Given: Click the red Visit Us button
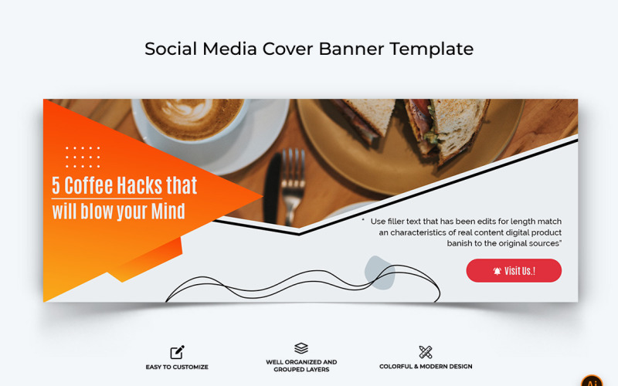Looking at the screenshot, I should pyautogui.click(x=514, y=271).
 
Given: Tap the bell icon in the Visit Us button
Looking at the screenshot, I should pyautogui.click(x=497, y=271).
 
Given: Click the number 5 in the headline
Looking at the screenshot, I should pyautogui.click(x=56, y=186).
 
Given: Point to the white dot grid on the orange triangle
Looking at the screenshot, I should pyautogui.click(x=83, y=156).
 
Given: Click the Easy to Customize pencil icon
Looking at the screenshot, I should pyautogui.click(x=178, y=352).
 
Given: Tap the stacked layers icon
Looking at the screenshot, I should pyautogui.click(x=301, y=349).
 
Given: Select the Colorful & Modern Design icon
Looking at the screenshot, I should pyautogui.click(x=426, y=352).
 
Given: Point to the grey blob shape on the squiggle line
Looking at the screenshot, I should pyautogui.click(x=379, y=273).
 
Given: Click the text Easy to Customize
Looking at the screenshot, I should pyautogui.click(x=177, y=367).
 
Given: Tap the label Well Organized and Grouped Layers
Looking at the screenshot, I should pyautogui.click(x=301, y=366).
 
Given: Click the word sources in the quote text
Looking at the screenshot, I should pyautogui.click(x=541, y=243).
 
